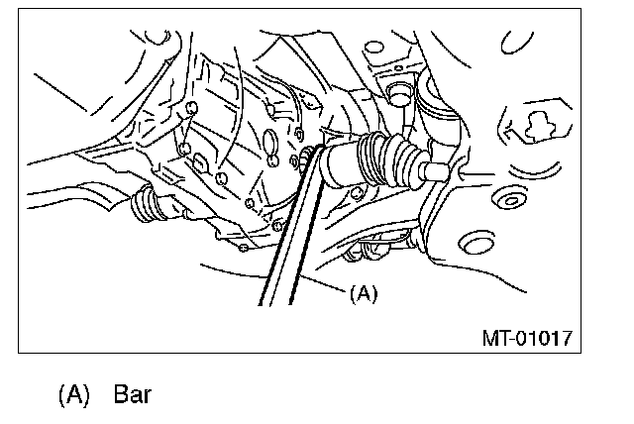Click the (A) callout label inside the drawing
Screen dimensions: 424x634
point(364,293)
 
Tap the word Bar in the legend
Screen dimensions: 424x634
point(132,394)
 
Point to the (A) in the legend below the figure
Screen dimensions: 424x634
point(74,394)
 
